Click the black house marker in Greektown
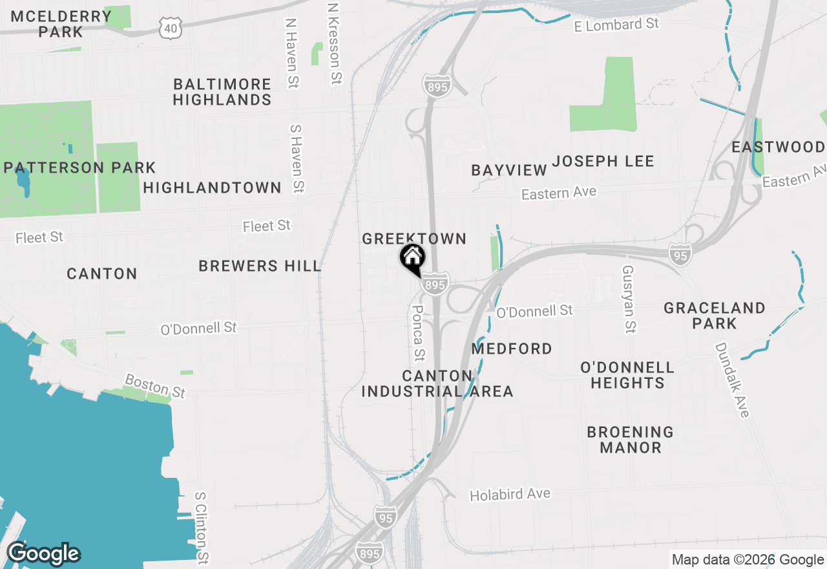[x=412, y=259]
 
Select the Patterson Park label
[x=79, y=168]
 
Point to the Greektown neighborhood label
[x=414, y=239]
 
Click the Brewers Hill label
[x=260, y=266]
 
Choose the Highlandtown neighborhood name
[x=212, y=188]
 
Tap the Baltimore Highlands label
[x=222, y=92]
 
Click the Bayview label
[x=509, y=170]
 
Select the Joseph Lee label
[x=603, y=161]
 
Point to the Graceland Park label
[x=715, y=315]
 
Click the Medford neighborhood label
[x=512, y=349]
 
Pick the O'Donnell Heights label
[x=627, y=375]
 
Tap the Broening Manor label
[x=630, y=439]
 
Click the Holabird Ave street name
[x=510, y=495]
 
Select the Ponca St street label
[x=419, y=333]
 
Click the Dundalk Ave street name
[x=731, y=380]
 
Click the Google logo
[x=43, y=554]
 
